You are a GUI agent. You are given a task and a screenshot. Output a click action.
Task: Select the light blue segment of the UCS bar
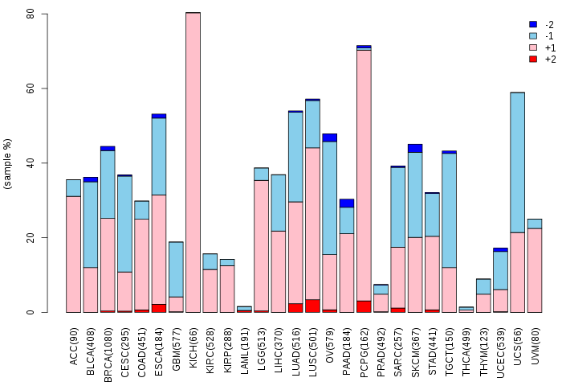tap(518, 162)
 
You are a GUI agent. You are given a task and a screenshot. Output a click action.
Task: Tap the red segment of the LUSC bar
tap(312, 306)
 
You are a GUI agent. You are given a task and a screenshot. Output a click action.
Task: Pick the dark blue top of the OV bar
tap(330, 138)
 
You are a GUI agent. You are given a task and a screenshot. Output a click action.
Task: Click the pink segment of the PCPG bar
tap(364, 175)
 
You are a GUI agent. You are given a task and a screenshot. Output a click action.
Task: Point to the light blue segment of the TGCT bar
tap(449, 211)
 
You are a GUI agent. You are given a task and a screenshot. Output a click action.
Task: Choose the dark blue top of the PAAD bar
tap(347, 203)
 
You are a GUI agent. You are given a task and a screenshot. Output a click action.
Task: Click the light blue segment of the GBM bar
tap(176, 269)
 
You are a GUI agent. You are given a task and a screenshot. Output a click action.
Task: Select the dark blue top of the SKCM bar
tap(415, 148)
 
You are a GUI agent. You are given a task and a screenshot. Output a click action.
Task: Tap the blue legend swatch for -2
tap(533, 24)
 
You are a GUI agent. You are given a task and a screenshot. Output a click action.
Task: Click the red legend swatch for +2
tap(533, 59)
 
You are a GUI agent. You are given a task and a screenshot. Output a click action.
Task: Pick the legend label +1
tap(550, 47)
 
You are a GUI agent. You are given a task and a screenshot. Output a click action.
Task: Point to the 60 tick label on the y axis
tap(31, 88)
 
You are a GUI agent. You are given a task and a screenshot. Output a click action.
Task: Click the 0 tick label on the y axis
tap(31, 312)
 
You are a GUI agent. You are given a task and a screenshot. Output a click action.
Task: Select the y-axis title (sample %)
tap(7, 163)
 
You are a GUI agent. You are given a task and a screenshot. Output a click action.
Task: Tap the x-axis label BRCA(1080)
tap(108, 355)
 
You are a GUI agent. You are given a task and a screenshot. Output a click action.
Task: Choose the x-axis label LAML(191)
tap(244, 351)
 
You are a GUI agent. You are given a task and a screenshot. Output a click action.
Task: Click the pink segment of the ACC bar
tap(74, 254)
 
